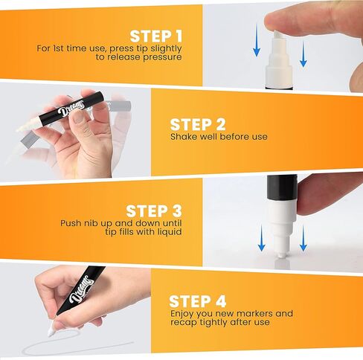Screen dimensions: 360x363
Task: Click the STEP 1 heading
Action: click(155, 36)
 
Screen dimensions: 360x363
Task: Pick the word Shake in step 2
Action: click(183, 137)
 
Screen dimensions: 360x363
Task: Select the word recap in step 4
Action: click(183, 322)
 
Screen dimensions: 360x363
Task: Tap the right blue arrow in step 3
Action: click(303, 238)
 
